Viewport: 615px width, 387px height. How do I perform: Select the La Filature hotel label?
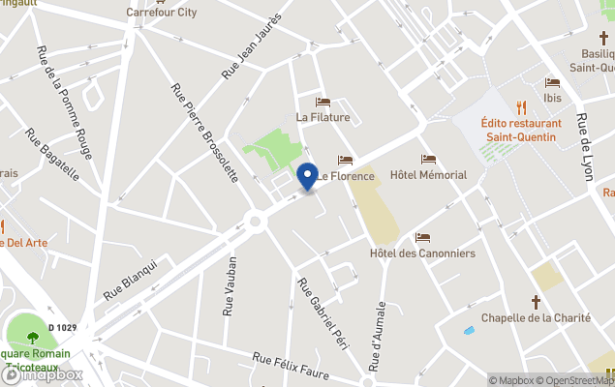coord(323,118)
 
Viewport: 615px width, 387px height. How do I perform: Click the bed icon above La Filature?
coord(323,103)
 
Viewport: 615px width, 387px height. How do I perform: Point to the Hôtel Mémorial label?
coord(428,175)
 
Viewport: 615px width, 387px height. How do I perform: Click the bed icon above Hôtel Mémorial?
coord(428,160)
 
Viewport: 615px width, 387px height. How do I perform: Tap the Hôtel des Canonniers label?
coord(422,253)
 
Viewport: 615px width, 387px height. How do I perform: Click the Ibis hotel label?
coord(552,98)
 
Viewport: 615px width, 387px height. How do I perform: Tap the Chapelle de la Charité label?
coord(535,317)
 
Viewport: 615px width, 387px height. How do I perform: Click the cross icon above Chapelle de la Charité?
coord(535,302)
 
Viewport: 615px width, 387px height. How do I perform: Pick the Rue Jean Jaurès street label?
coord(251,46)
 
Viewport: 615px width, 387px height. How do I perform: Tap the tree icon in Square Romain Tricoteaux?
coord(33,338)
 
